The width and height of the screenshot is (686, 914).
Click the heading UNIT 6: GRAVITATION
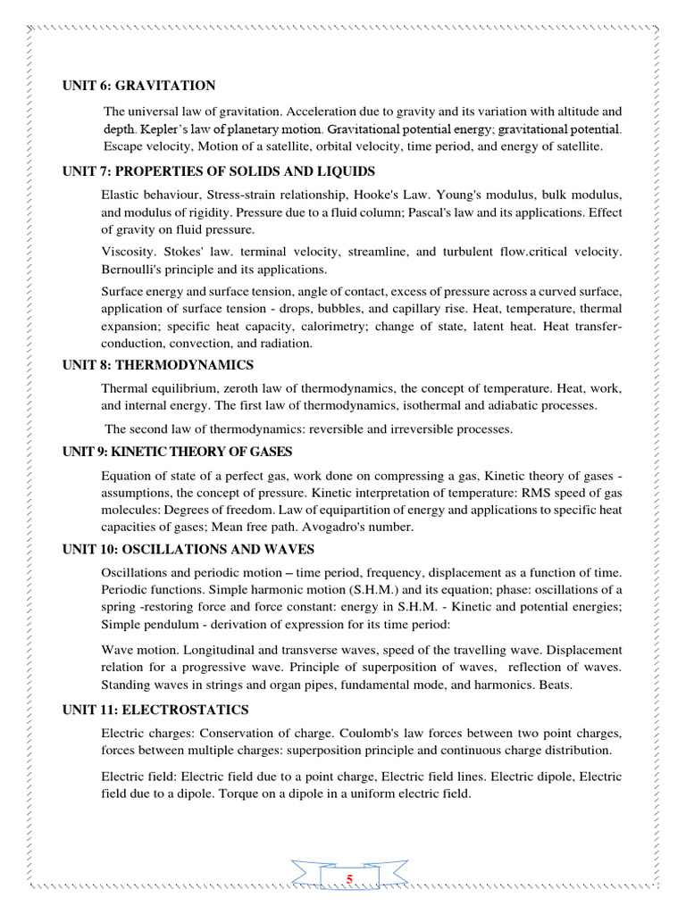(138, 86)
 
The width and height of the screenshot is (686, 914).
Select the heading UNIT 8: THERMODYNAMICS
(158, 365)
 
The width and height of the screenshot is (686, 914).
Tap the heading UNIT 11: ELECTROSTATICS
(155, 710)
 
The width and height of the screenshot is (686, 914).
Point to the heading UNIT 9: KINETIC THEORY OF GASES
(177, 452)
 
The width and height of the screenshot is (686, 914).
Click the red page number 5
(350, 880)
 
